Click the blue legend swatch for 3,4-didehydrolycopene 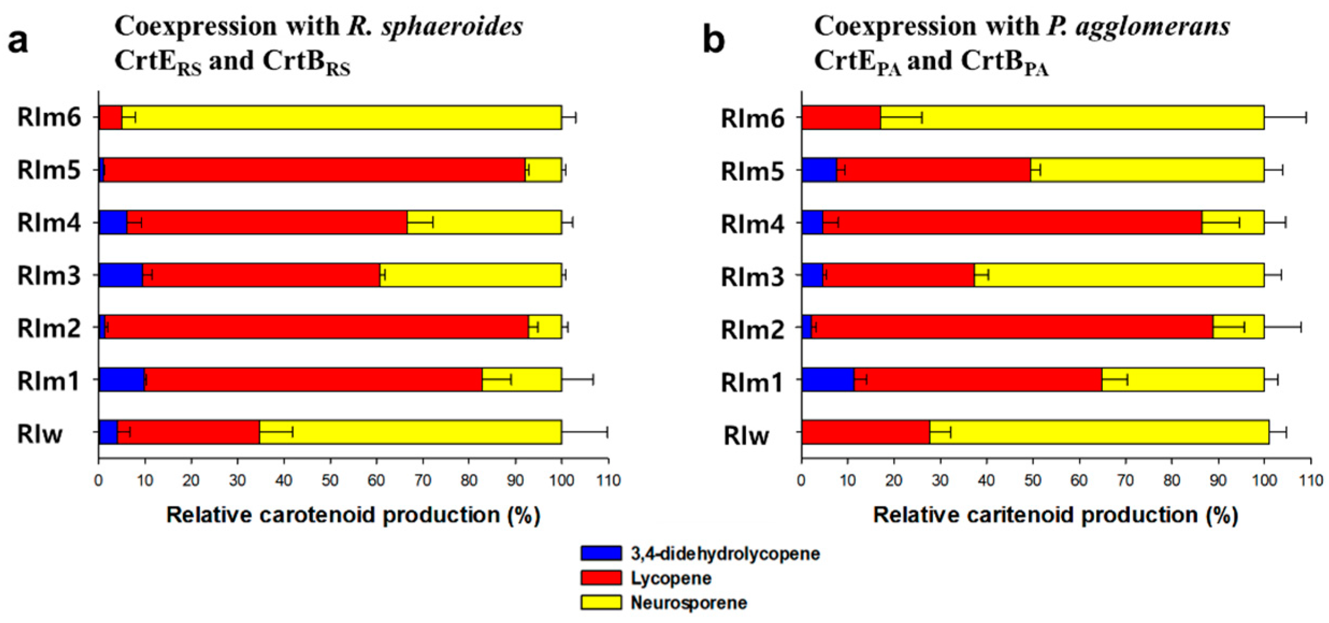(x=601, y=553)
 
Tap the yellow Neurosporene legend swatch (x=601, y=603)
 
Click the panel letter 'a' (x=18, y=41)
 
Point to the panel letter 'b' (x=714, y=41)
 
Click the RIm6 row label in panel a (x=49, y=117)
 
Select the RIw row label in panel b (x=746, y=435)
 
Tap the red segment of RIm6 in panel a (x=110, y=117)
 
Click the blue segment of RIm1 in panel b (x=827, y=380)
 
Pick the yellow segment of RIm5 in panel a (x=544, y=170)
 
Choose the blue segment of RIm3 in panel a (x=120, y=275)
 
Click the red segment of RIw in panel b (x=865, y=432)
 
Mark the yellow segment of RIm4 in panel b (x=1233, y=222)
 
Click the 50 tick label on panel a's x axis (x=330, y=480)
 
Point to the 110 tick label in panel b (x=1311, y=480)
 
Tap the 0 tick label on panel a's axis (x=98, y=480)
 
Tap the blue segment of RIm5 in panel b (x=819, y=170)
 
